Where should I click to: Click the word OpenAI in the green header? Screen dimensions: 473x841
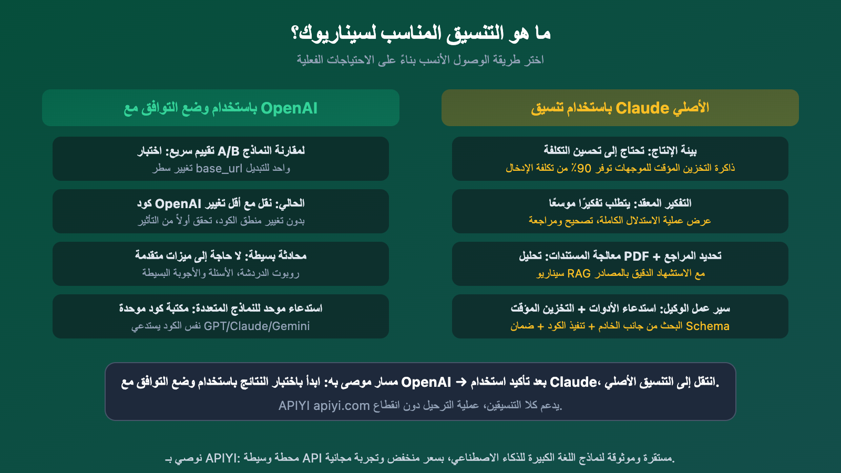289,108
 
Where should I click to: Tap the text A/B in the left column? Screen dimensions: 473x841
228,151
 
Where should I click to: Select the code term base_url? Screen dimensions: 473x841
219,169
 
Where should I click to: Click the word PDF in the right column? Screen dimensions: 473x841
636,256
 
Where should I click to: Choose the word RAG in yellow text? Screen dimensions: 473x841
579,274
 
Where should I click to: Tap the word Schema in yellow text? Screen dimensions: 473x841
707,326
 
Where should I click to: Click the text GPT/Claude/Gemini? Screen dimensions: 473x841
257,326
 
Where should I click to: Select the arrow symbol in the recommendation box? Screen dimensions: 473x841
460,382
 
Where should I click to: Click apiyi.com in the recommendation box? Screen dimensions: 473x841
342,406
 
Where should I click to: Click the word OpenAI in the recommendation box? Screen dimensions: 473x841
426,382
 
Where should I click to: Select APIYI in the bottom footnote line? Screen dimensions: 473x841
221,458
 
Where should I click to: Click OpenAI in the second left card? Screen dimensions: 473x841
178,204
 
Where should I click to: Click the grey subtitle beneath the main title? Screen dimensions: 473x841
420,60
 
